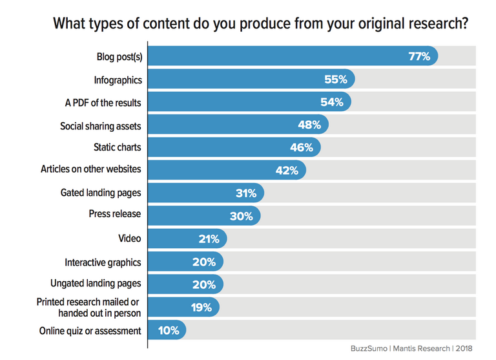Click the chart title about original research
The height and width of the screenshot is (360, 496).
tap(260, 24)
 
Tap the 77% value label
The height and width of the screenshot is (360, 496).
tap(419, 56)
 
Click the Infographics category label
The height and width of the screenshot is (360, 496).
tap(118, 79)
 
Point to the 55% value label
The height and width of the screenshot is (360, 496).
tap(336, 79)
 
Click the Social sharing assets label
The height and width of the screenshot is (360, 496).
tap(101, 125)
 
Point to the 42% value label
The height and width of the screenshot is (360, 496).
tap(286, 171)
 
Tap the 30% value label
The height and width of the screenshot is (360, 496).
tap(241, 216)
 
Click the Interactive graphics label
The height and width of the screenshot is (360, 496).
tap(103, 262)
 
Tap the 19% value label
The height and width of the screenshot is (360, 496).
tap(200, 308)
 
